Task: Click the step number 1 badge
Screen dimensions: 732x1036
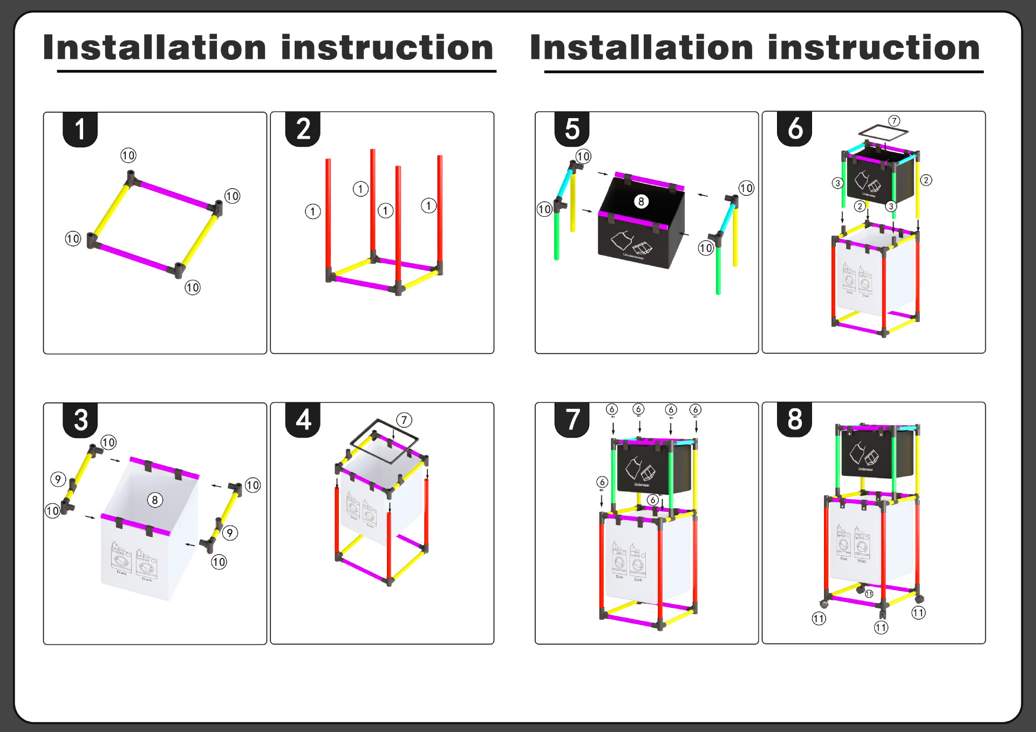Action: (80, 129)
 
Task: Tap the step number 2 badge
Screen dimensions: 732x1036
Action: (303, 129)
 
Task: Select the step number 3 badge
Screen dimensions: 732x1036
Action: (80, 420)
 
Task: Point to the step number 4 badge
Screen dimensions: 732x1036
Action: (303, 420)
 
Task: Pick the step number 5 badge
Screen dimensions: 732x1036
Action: (572, 129)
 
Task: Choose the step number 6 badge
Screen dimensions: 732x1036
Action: (795, 129)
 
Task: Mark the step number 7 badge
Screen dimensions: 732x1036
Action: (572, 420)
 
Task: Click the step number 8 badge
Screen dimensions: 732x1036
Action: (795, 419)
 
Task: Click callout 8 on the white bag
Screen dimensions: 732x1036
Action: (155, 500)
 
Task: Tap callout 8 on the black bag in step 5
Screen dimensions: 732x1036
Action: (641, 202)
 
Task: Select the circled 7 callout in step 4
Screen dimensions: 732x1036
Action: (404, 420)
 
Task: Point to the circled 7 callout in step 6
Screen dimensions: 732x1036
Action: (894, 121)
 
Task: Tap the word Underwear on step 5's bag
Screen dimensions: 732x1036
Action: (633, 256)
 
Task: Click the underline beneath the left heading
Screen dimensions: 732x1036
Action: (276, 71)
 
